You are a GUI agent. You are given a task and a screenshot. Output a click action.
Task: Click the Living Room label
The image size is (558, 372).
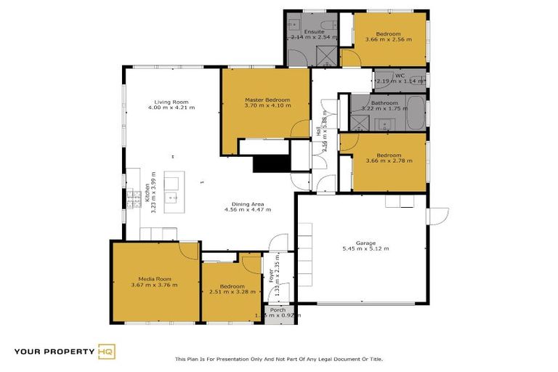[171, 102]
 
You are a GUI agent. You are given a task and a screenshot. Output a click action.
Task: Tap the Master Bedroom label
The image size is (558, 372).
[267, 100]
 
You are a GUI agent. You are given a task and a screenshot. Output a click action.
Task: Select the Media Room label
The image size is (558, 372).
[154, 278]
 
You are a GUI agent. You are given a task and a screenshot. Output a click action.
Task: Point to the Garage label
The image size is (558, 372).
[365, 243]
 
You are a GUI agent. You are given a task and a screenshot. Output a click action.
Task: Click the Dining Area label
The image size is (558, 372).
[247, 204]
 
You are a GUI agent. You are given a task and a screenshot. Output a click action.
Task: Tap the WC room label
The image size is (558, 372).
[399, 75]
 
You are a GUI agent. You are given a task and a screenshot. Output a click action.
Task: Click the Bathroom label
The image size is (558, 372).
[384, 103]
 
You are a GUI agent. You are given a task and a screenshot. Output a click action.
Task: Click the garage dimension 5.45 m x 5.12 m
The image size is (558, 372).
[365, 249]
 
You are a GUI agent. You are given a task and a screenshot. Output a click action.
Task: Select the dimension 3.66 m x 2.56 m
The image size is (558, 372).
[389, 39]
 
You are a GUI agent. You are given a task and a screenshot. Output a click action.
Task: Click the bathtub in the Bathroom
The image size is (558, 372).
[414, 115]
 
